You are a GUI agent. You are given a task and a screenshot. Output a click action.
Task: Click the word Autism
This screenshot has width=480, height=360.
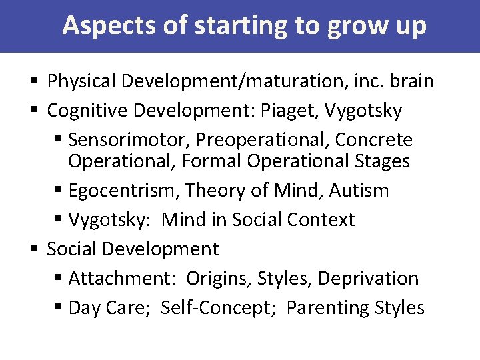[359, 191]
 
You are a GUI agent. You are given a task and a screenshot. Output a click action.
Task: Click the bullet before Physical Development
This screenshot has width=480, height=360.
[35, 82]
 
